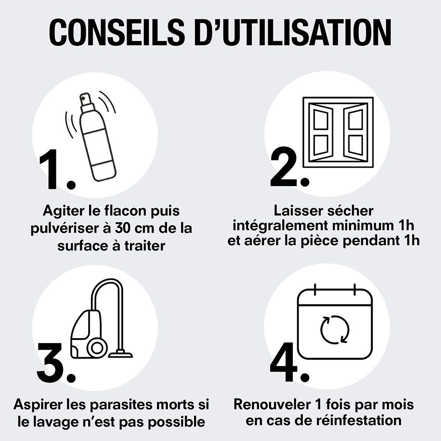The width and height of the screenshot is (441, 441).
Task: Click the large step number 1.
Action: [55, 170]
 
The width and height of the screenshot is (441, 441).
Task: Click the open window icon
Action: [338, 132]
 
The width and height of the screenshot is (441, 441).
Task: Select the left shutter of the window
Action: [321, 132]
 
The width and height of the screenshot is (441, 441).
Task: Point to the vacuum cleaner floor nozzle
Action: [120, 354]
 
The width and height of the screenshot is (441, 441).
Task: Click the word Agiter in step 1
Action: [64, 210]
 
